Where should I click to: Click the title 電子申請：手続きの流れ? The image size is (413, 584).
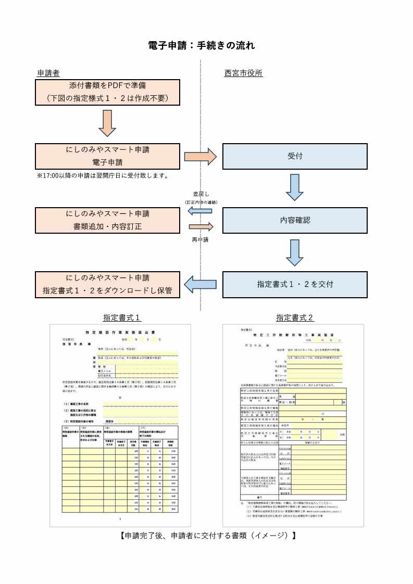202,46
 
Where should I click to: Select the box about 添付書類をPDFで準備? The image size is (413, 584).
107,92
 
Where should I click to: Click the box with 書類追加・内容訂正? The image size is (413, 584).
107,220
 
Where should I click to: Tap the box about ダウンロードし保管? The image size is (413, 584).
107,284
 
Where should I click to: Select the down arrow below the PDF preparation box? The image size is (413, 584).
107,124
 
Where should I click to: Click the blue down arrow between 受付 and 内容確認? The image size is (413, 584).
295,187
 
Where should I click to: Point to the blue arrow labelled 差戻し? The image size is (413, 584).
200,211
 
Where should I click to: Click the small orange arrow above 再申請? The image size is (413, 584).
201,227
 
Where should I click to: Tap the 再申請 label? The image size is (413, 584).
201,240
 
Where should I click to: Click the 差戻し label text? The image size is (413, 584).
201,194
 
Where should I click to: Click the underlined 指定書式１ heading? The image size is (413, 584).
122,318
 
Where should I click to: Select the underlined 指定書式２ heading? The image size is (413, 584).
295,318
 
